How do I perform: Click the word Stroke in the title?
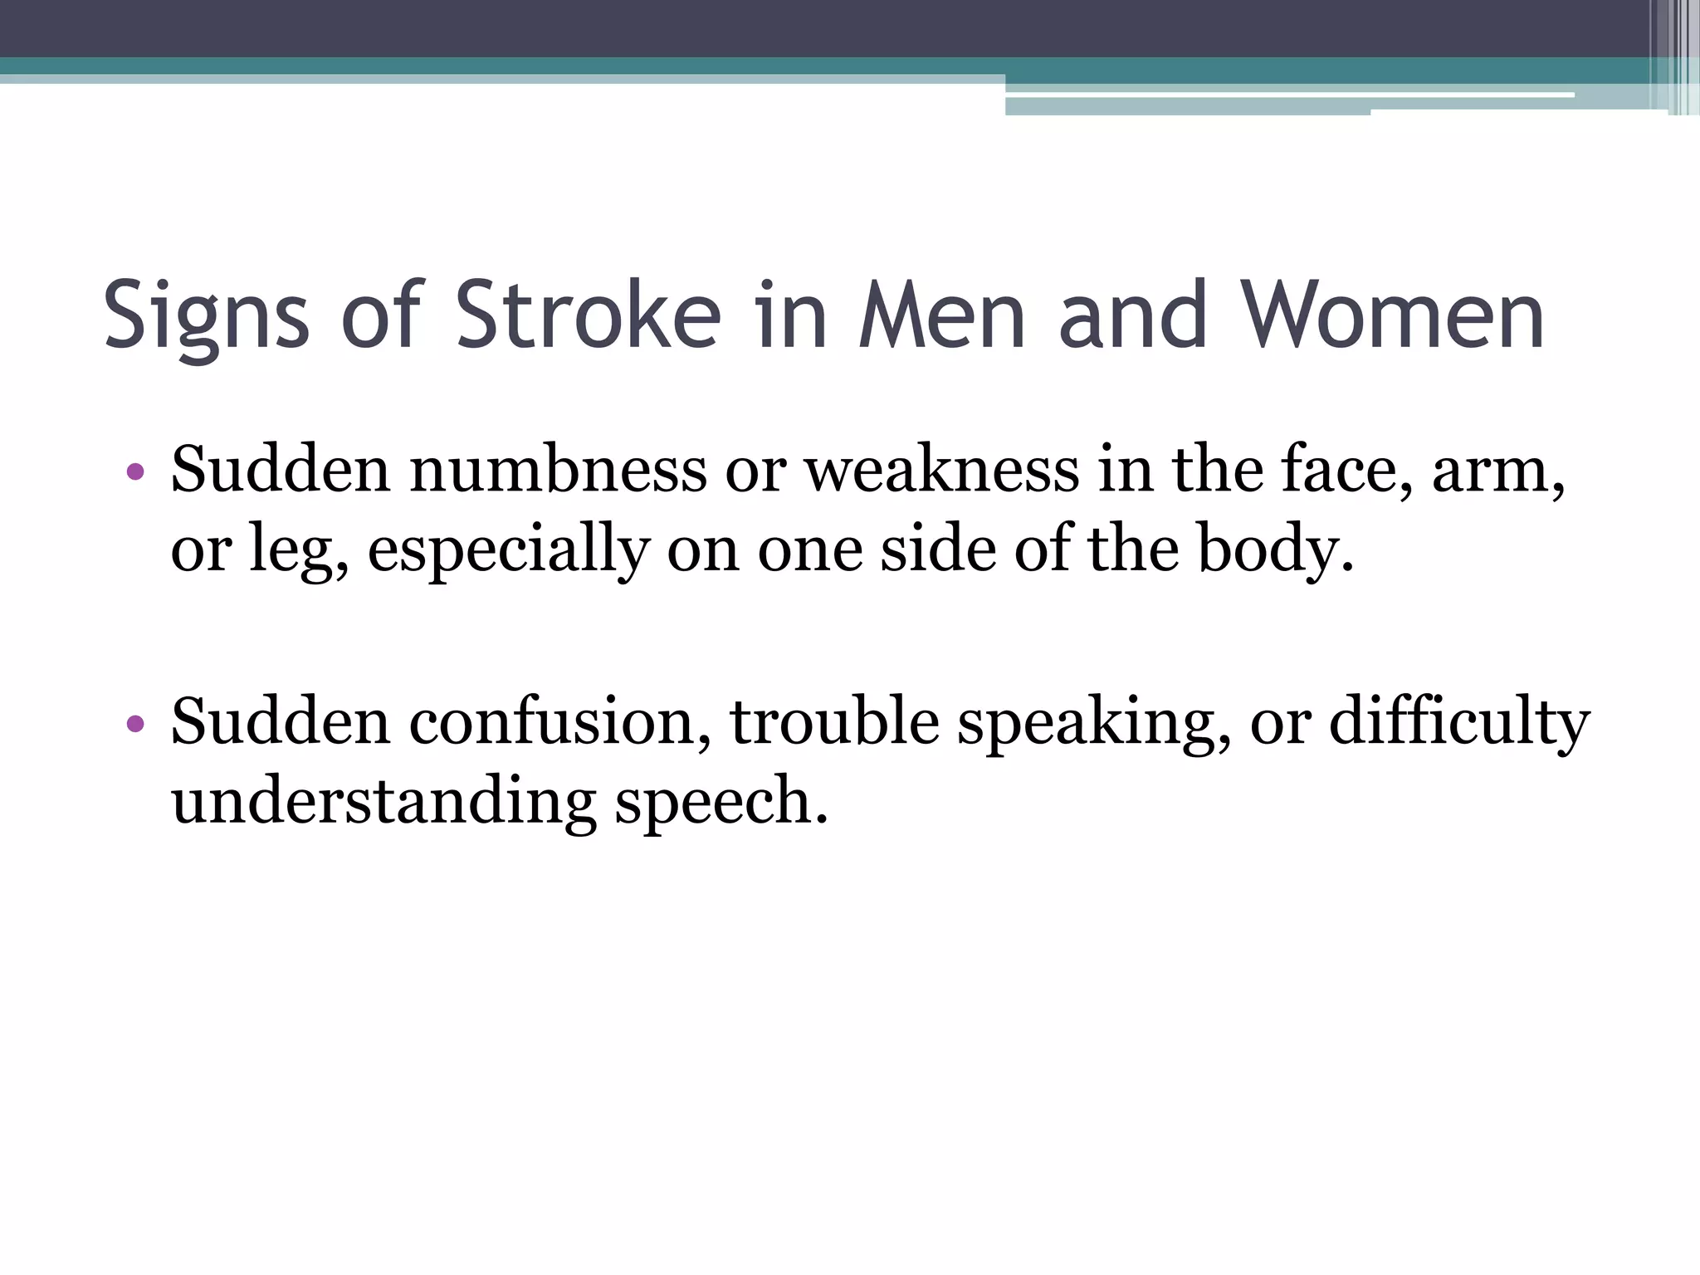tap(588, 316)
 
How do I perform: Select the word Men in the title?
tap(941, 316)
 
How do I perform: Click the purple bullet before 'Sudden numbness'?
tap(136, 473)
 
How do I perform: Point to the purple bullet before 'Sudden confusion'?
tap(136, 725)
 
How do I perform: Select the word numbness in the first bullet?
tap(557, 470)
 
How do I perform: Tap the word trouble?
tap(833, 721)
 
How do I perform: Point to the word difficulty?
tap(1458, 721)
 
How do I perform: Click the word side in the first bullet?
tap(937, 550)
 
